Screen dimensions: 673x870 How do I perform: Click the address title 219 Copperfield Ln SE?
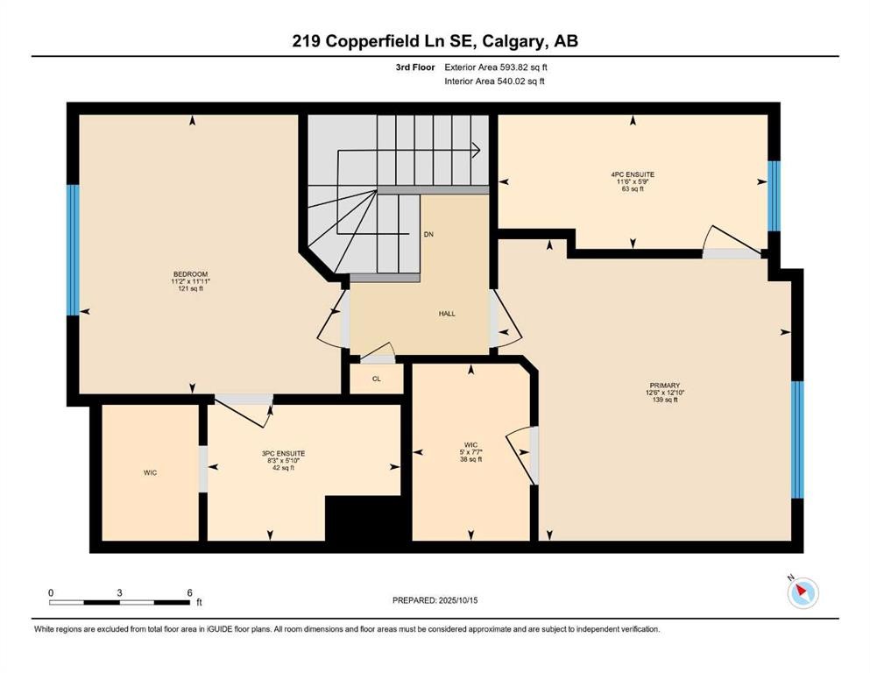point(435,41)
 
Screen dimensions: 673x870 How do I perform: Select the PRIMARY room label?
point(665,386)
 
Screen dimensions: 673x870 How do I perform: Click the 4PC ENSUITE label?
point(633,174)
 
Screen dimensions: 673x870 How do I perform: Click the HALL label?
point(447,314)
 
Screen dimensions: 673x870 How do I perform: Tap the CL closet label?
point(376,379)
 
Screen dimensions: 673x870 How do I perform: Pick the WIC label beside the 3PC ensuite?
point(151,472)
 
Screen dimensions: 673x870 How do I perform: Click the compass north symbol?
point(802,593)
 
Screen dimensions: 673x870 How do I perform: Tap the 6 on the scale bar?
point(188,592)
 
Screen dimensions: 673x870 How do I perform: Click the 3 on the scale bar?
point(119,592)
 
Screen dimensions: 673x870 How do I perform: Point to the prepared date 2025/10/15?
point(435,600)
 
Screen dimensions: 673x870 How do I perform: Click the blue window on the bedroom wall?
point(74,250)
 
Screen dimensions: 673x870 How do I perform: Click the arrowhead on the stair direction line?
point(477,150)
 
